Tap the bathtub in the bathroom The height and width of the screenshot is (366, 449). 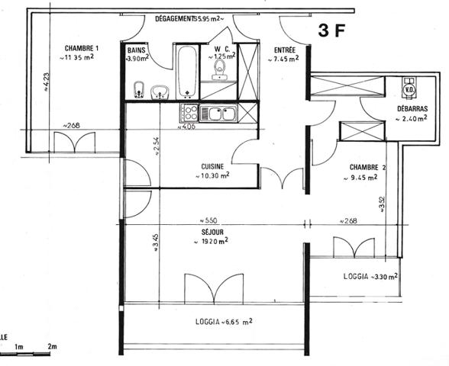pos(187,72)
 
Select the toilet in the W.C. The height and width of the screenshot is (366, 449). pos(221,71)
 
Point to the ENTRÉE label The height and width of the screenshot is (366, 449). pos(286,50)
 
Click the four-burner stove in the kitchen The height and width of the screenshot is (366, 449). pos(189,114)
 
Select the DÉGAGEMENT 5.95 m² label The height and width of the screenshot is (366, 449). pos(187,18)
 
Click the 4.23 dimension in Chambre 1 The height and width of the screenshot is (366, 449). pos(45,79)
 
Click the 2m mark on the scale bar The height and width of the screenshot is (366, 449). pos(52,347)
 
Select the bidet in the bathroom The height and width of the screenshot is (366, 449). pos(138,88)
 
